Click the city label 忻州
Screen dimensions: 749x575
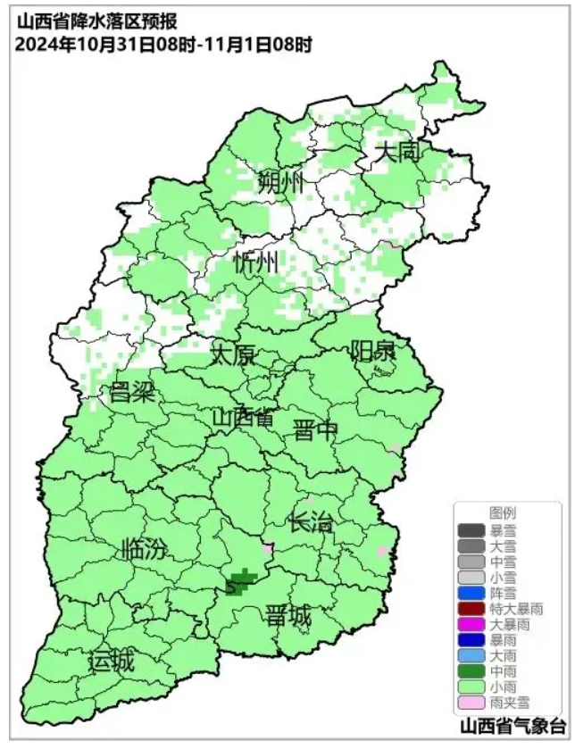click(255, 263)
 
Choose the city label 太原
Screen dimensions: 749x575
click(233, 354)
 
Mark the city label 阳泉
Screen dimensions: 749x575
click(372, 350)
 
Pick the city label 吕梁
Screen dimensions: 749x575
click(132, 392)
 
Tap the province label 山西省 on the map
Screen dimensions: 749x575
click(243, 418)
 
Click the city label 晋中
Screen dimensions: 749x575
click(316, 431)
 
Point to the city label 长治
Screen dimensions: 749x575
click(312, 522)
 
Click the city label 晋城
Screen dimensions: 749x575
click(288, 615)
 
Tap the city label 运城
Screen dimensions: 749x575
click(112, 662)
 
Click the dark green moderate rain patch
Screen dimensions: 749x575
click(241, 582)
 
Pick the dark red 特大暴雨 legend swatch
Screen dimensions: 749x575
click(471, 608)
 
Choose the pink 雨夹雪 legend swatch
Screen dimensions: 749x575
click(471, 703)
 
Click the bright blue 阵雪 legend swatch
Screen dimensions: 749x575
click(471, 592)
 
